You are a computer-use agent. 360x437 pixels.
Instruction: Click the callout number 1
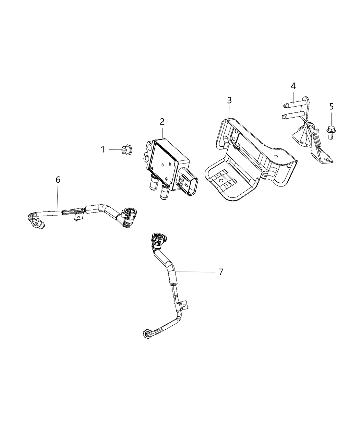point(103,149)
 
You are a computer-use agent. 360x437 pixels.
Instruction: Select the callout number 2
point(162,121)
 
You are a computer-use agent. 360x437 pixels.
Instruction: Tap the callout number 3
point(229,100)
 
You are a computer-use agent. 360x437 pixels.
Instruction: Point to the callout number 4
point(293,86)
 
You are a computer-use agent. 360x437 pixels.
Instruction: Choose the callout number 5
point(331,106)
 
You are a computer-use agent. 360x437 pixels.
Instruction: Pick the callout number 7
point(221,272)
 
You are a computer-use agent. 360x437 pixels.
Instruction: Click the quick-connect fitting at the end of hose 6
point(129,215)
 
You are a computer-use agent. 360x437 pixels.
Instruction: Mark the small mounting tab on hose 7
point(184,305)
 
